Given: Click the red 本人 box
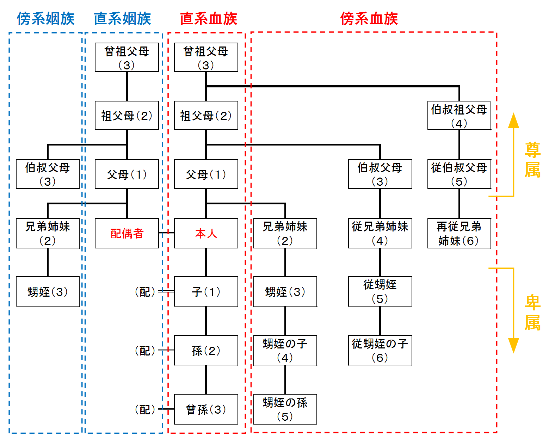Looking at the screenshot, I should click(206, 233).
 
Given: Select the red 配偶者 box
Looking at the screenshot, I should click(127, 233).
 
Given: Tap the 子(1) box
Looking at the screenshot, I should click(206, 291).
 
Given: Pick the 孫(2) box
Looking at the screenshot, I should click(206, 350).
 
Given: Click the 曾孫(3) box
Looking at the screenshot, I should click(206, 409).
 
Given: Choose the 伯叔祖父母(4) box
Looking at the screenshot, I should click(459, 116).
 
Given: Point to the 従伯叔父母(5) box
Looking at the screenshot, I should click(459, 174).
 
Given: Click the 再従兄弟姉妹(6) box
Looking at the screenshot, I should click(459, 233).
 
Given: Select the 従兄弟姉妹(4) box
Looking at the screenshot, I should click(380, 233).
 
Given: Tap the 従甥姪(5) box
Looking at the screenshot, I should click(380, 291).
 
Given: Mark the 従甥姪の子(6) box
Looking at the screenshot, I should click(380, 350).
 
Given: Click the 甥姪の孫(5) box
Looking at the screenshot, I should click(285, 409).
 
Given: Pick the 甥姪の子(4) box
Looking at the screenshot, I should click(285, 350).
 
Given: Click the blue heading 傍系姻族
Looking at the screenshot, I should click(46, 19).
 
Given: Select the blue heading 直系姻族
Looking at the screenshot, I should click(122, 19).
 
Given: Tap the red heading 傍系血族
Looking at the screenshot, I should click(369, 19).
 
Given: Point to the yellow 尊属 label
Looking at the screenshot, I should click(532, 160).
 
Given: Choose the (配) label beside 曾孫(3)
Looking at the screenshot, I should click(145, 409).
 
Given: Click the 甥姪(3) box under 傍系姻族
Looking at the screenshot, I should click(48, 291).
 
